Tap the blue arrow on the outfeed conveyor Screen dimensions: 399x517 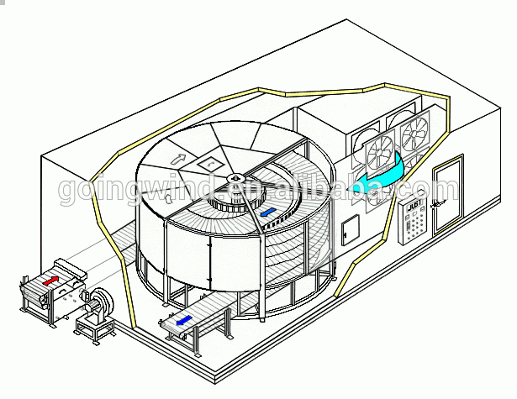pyautogui.click(x=183, y=319)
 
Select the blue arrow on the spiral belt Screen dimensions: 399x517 pyautogui.click(x=269, y=213)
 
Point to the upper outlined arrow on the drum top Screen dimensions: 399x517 pyautogui.click(x=178, y=157)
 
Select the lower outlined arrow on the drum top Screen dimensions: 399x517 pyautogui.click(x=167, y=199)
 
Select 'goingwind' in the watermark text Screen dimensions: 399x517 pyautogui.click(x=130, y=190)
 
